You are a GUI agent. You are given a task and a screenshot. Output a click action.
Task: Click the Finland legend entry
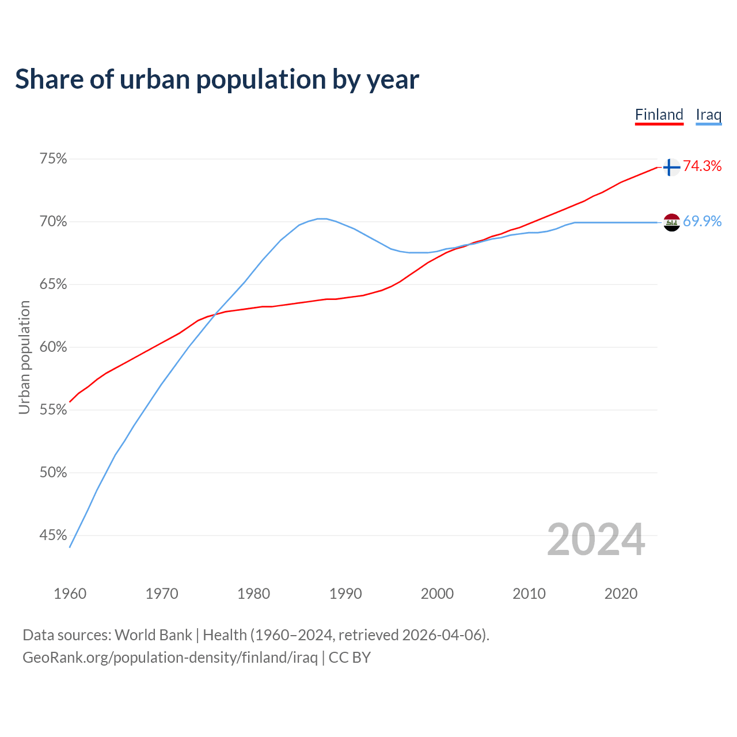coord(659,115)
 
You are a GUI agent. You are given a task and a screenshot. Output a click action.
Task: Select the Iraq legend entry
coord(708,115)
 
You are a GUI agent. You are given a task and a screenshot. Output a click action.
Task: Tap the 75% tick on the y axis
coord(53,158)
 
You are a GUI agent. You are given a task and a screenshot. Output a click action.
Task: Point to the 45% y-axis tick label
coord(53,535)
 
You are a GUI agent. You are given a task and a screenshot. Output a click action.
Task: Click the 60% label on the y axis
coord(53,347)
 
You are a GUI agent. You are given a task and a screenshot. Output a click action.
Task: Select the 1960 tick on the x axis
coord(70,594)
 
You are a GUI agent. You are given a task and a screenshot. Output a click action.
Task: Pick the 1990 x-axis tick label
coord(345,594)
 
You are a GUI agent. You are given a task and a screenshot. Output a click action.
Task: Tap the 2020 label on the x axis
coord(621,594)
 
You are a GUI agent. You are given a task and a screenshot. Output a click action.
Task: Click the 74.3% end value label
coord(702,166)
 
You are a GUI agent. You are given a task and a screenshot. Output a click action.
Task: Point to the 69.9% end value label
coord(702,222)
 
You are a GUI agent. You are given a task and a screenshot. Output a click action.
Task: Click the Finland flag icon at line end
coord(671,167)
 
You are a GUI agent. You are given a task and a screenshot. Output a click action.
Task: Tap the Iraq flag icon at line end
coord(671,222)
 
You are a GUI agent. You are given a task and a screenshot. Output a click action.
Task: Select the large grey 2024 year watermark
coord(595,540)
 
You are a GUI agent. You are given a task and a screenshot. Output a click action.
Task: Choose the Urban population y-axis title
coord(24,357)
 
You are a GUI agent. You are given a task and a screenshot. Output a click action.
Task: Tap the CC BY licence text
coord(349,658)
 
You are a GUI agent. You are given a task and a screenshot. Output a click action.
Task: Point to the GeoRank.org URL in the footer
coord(170,658)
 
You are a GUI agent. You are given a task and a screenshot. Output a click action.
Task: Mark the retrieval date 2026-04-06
coord(444,635)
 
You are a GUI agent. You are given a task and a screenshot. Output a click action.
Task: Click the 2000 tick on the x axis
coord(437,594)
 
